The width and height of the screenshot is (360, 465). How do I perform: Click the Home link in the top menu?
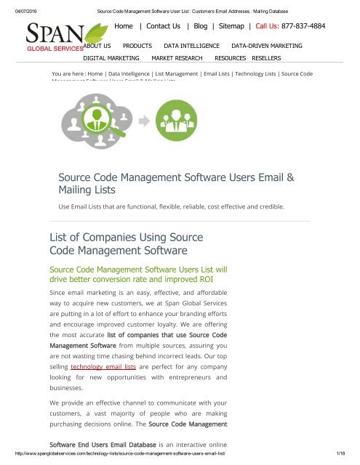click(127, 26)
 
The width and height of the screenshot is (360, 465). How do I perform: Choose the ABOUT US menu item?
click(97, 45)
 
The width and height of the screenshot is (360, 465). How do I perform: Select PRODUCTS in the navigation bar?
click(137, 45)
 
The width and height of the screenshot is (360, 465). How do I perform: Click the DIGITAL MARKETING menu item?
click(111, 57)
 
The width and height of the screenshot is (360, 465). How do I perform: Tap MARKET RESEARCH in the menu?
click(177, 57)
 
